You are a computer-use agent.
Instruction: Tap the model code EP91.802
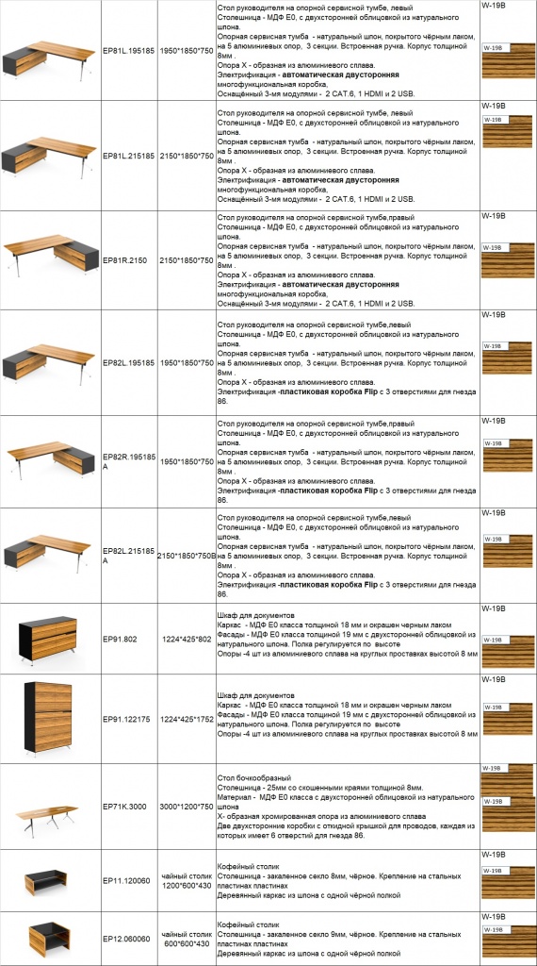point(120,639)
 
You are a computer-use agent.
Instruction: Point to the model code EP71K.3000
point(125,808)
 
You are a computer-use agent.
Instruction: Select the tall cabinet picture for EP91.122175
point(49,718)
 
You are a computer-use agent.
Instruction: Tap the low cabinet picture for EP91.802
point(49,639)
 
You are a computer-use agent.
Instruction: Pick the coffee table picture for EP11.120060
point(49,881)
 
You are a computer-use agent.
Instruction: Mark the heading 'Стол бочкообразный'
point(252,776)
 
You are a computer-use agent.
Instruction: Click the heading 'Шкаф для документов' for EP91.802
point(254,615)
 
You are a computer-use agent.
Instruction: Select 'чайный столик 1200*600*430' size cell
point(185,881)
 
